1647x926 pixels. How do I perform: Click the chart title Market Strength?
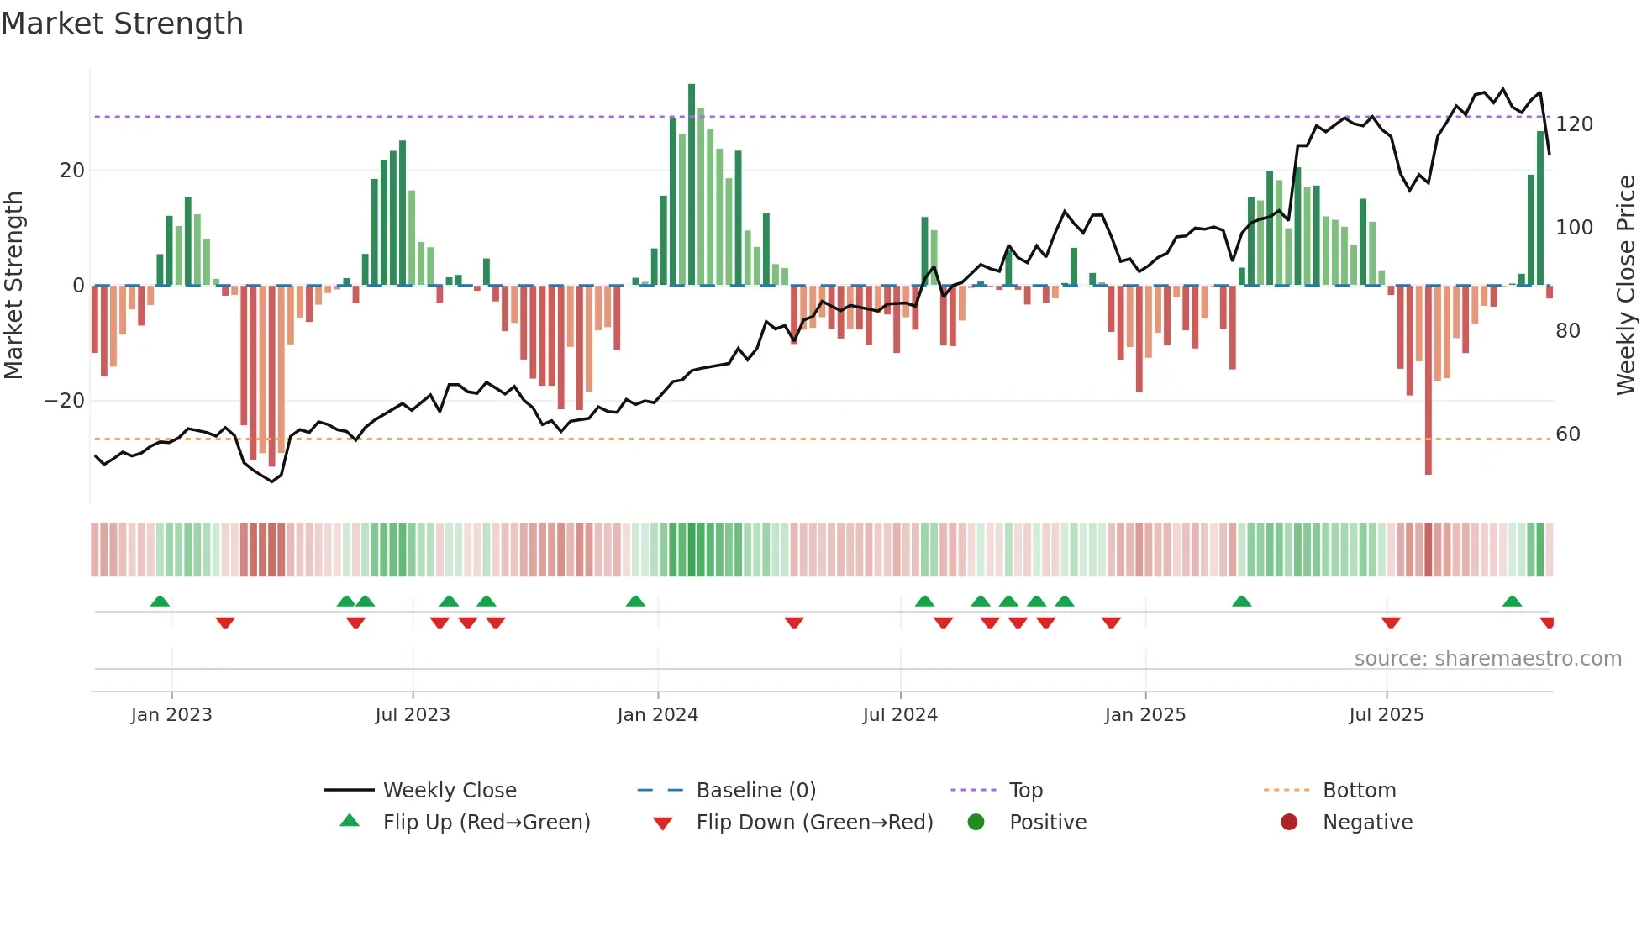point(122,24)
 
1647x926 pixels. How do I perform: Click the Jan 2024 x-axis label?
point(657,715)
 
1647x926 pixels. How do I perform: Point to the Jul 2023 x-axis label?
point(413,715)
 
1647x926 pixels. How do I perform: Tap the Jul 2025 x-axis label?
point(1386,715)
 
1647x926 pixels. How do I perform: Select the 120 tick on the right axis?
point(1574,124)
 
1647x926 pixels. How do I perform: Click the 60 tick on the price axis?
point(1568,434)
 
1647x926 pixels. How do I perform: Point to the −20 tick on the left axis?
point(65,401)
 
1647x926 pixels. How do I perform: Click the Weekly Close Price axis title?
point(1626,286)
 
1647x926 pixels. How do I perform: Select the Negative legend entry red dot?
point(1289,823)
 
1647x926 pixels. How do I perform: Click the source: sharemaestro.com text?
point(1487,659)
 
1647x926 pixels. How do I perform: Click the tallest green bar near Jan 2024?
point(692,185)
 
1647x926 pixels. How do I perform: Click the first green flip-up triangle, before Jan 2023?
point(160,601)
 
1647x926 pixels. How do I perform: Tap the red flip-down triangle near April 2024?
point(794,623)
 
